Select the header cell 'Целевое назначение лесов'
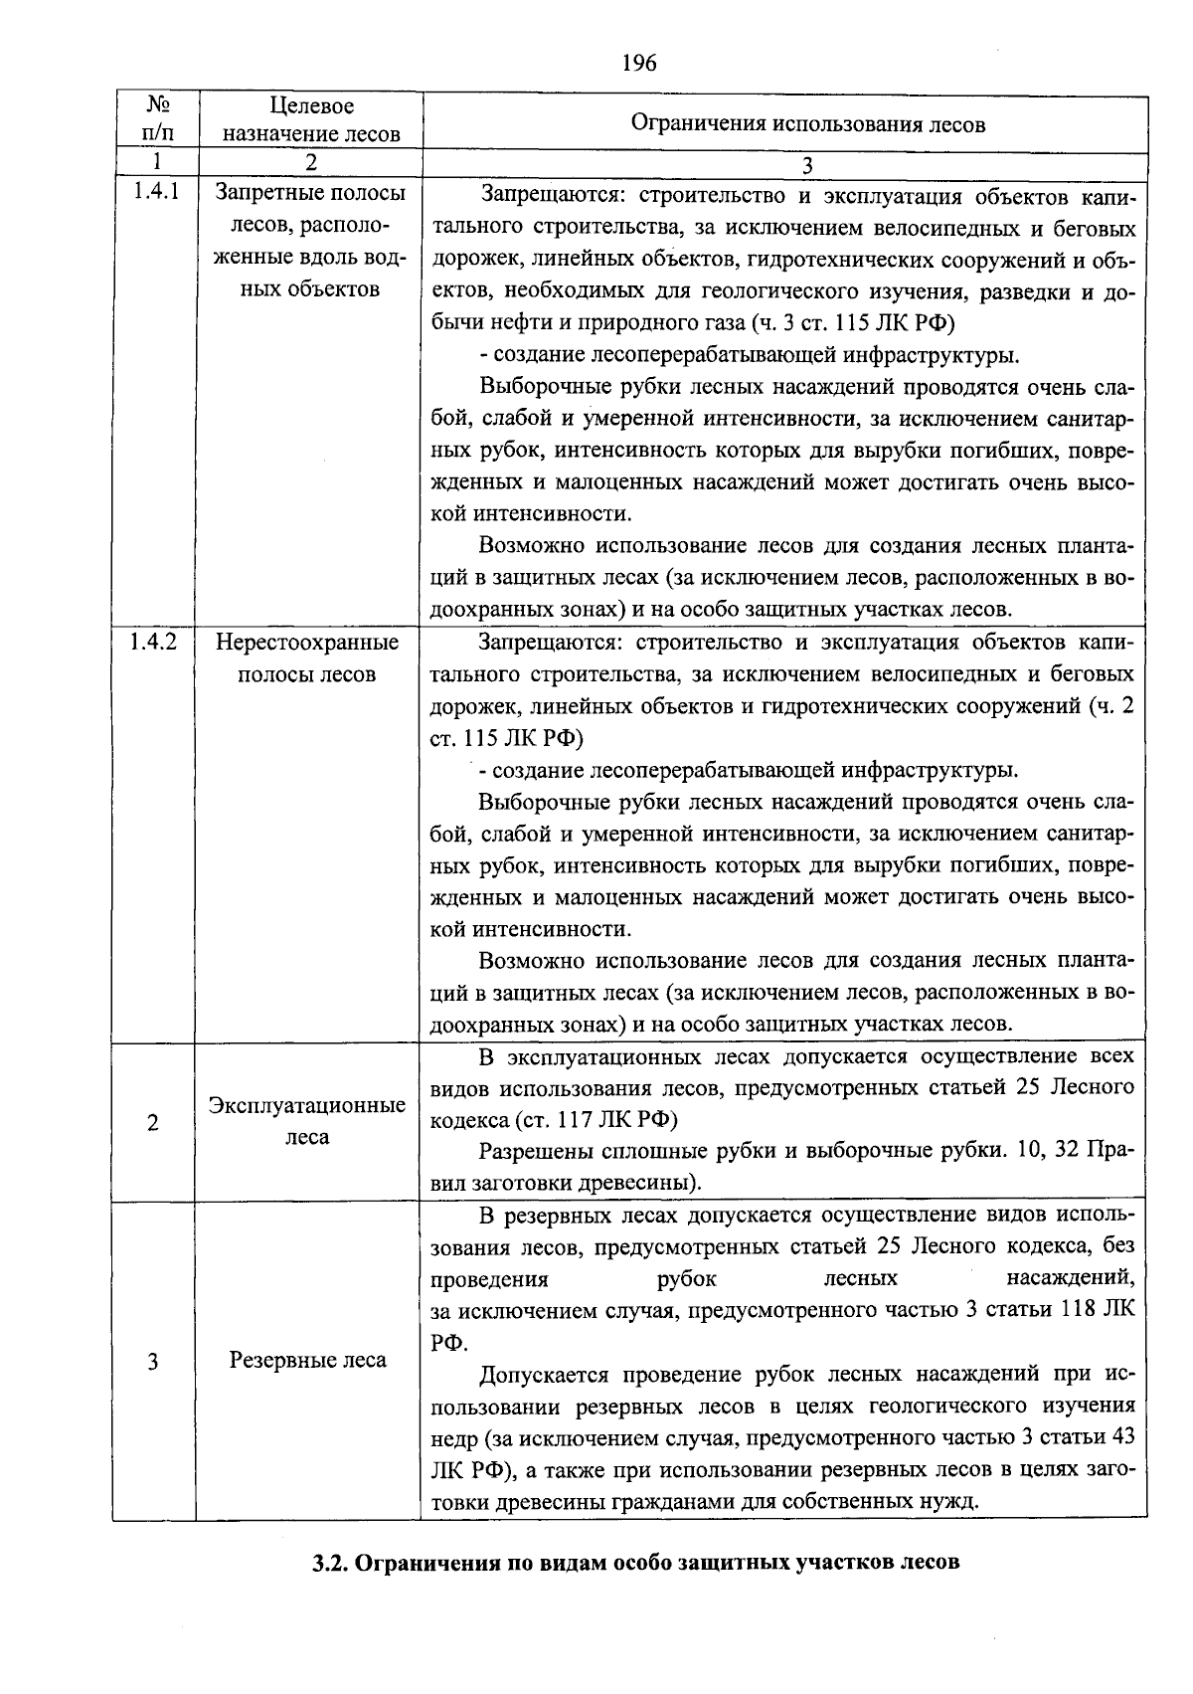point(311,119)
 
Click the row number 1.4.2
point(154,643)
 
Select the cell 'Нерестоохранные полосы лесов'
point(307,658)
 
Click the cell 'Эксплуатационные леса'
point(307,1121)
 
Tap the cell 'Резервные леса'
point(307,1360)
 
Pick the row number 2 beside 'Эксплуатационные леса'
point(152,1123)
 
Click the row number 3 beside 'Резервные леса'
point(152,1362)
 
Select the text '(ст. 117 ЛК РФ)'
point(596,1120)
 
